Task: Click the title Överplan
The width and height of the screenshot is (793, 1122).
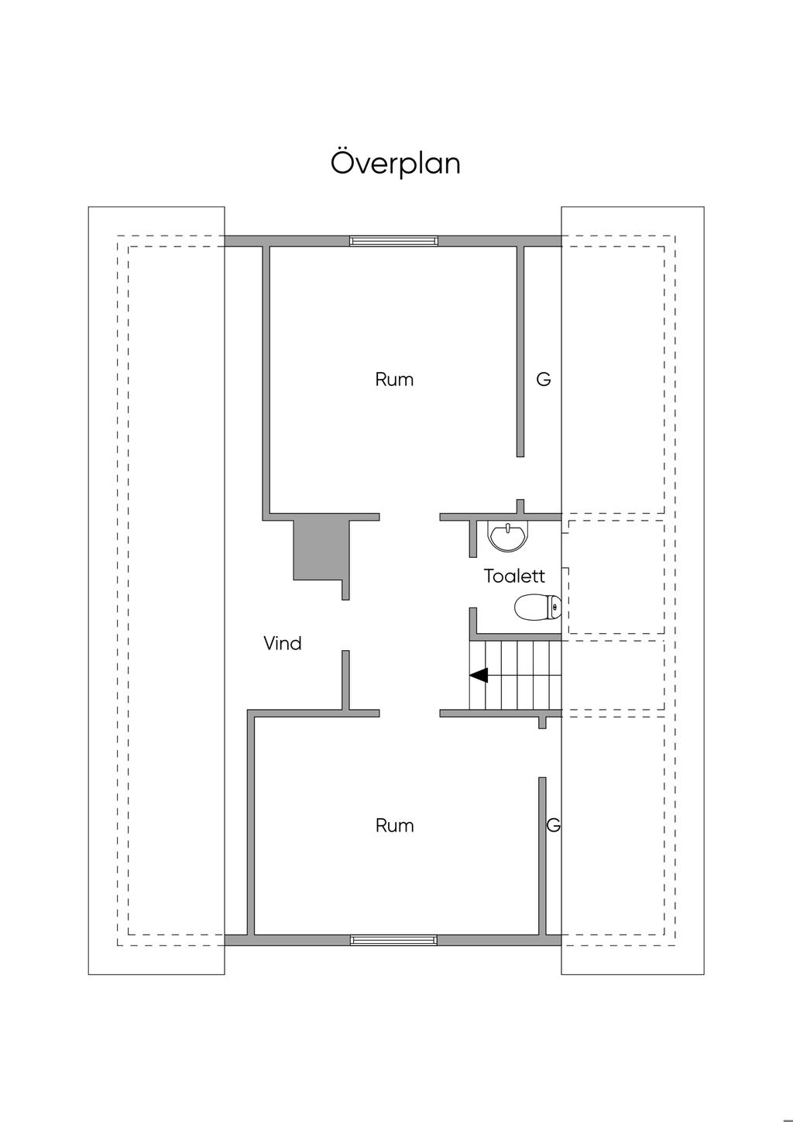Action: coord(396,163)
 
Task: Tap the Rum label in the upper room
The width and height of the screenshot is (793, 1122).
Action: coord(394,380)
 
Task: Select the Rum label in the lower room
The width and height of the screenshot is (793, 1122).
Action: coord(394,826)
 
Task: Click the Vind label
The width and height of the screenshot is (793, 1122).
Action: coord(283,643)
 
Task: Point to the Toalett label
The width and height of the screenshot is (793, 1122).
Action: coord(514,576)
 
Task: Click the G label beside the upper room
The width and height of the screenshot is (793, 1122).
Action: coord(544,380)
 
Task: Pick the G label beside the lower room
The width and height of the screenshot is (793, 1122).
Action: coord(553,826)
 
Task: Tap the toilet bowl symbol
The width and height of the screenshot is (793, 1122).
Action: coord(537,607)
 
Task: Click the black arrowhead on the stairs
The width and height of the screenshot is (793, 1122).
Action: coord(479,675)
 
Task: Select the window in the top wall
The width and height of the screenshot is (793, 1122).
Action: coord(393,241)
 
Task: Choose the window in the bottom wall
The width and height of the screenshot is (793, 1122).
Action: coord(393,940)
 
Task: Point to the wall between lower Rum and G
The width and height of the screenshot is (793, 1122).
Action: coord(543,852)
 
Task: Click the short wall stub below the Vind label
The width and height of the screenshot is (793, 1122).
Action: coord(345,680)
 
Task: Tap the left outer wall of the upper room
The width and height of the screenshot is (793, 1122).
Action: coord(266,380)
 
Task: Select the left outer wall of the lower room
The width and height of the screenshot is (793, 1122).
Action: coord(251,826)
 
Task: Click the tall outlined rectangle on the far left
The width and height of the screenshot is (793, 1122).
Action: coord(156,590)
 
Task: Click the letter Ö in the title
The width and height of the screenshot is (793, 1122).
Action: coord(343,163)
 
